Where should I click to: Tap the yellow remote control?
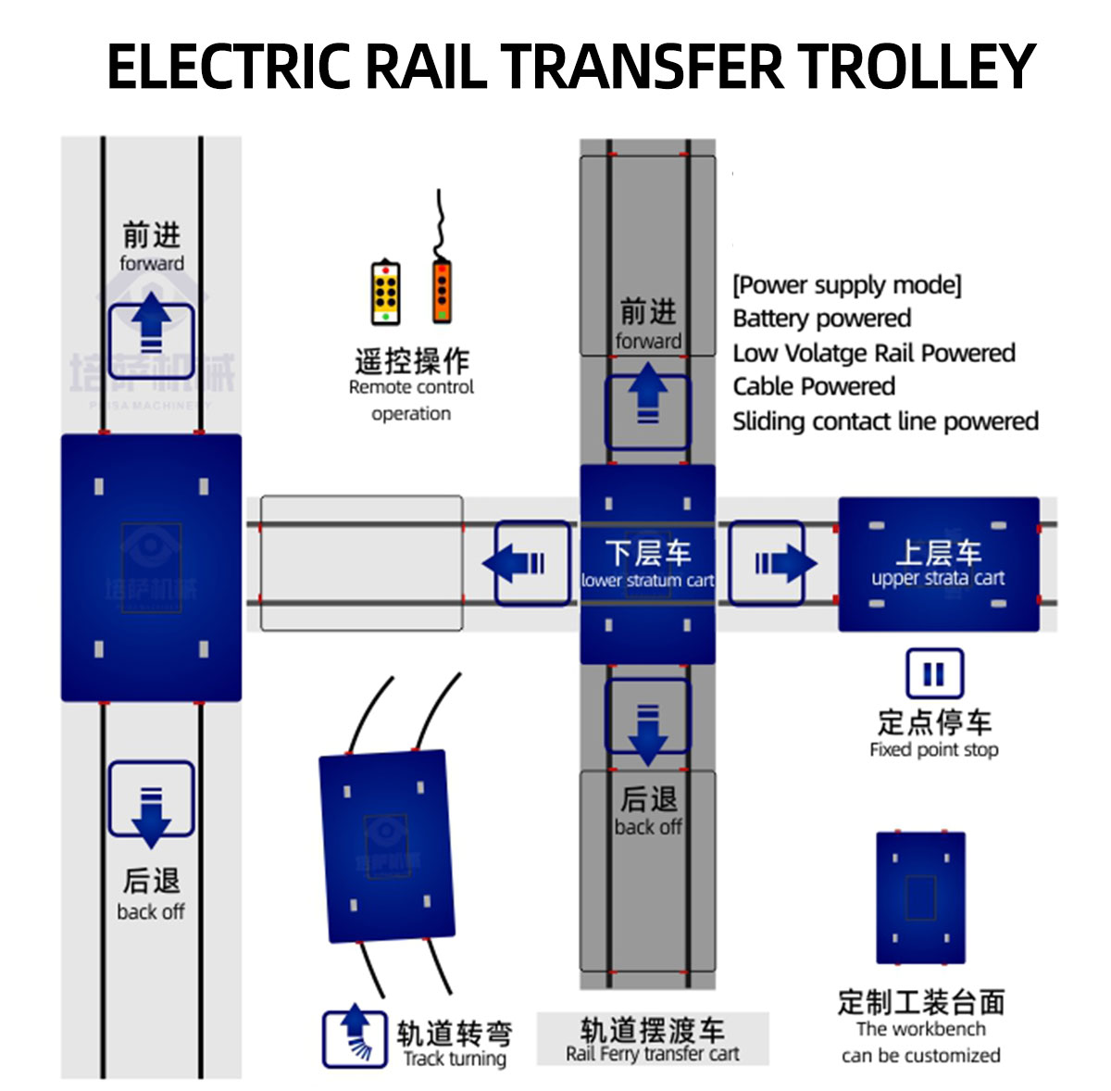point(385,294)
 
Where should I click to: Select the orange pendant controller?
point(442,291)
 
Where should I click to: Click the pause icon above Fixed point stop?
point(933,673)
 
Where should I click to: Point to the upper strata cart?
point(938,565)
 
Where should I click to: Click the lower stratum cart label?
point(647,581)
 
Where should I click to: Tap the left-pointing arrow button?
point(531,563)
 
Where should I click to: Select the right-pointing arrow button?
point(766,563)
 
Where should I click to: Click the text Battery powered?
point(821,319)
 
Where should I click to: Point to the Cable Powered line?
point(813,386)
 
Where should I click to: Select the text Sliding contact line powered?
point(884,421)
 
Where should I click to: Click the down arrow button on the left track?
point(151,798)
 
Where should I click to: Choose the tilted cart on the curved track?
point(387,846)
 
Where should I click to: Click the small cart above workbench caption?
point(920,897)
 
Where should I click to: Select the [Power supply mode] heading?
point(846,284)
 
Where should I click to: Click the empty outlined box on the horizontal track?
point(361,563)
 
